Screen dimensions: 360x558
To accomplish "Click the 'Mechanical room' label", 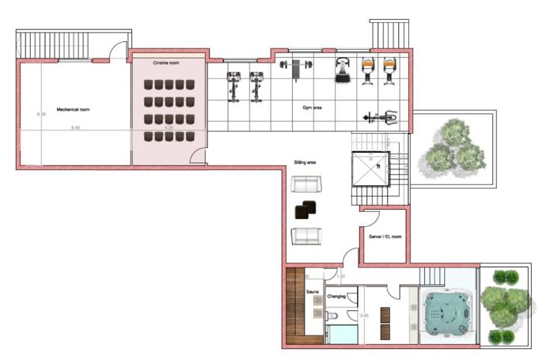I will [x=73, y=109].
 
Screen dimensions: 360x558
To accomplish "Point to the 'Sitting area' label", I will [x=306, y=161].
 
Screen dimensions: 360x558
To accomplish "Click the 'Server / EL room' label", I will [x=385, y=236].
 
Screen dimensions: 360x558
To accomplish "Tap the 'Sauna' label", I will [x=313, y=292].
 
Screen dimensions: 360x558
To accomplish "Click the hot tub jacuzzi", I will [x=448, y=313].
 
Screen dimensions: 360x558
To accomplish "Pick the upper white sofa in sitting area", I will [x=306, y=185].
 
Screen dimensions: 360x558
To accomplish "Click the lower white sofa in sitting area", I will [x=306, y=235].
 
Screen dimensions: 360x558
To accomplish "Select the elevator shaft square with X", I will [x=370, y=169].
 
